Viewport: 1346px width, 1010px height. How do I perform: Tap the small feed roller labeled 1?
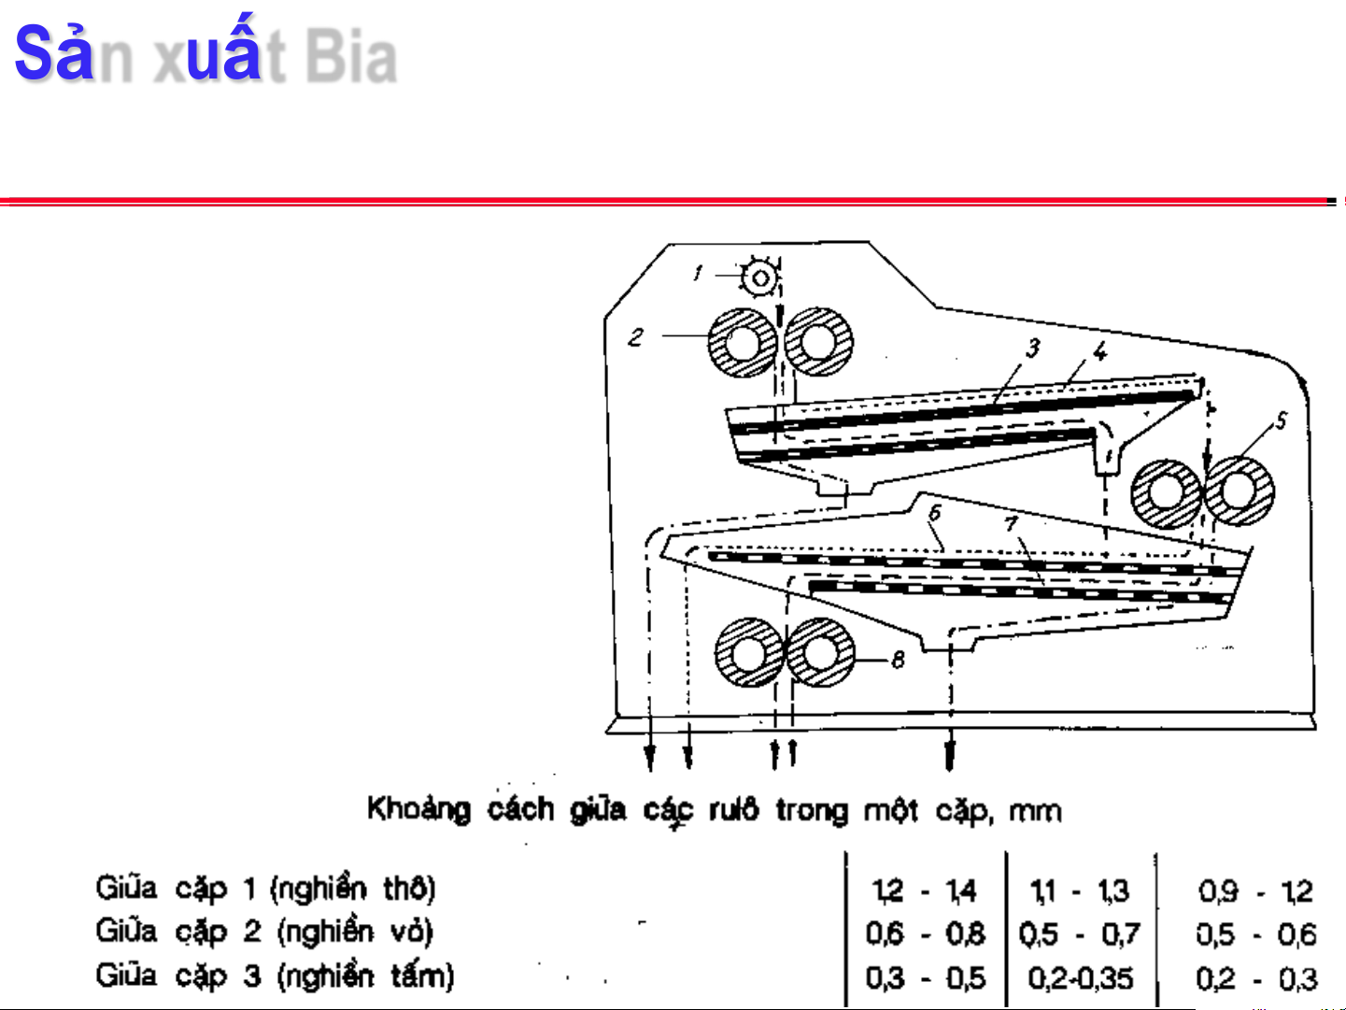click(760, 277)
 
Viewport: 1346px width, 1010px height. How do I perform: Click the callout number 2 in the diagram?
click(636, 336)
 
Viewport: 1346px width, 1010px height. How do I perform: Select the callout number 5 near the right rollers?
click(1281, 421)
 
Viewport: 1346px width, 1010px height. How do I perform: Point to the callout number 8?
click(898, 660)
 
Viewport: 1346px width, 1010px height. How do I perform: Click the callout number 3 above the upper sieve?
click(1032, 349)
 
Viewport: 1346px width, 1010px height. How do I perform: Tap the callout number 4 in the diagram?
click(1100, 352)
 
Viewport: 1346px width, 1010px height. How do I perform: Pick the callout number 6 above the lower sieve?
click(934, 512)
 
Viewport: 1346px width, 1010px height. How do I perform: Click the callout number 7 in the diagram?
click(1011, 523)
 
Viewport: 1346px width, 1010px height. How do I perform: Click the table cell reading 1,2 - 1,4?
click(924, 890)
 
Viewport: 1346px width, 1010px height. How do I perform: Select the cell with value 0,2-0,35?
click(1081, 978)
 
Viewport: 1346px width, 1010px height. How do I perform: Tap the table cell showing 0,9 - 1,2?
click(1256, 891)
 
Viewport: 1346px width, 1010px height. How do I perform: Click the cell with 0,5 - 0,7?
click(1080, 934)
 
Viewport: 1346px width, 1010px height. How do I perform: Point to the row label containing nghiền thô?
click(265, 888)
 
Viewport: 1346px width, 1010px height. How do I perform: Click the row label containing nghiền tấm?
click(275, 975)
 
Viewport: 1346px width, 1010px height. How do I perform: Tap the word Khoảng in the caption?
click(418, 809)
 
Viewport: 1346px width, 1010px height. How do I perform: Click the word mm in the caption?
click(1035, 810)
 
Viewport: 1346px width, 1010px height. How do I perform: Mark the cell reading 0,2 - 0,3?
click(1256, 979)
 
